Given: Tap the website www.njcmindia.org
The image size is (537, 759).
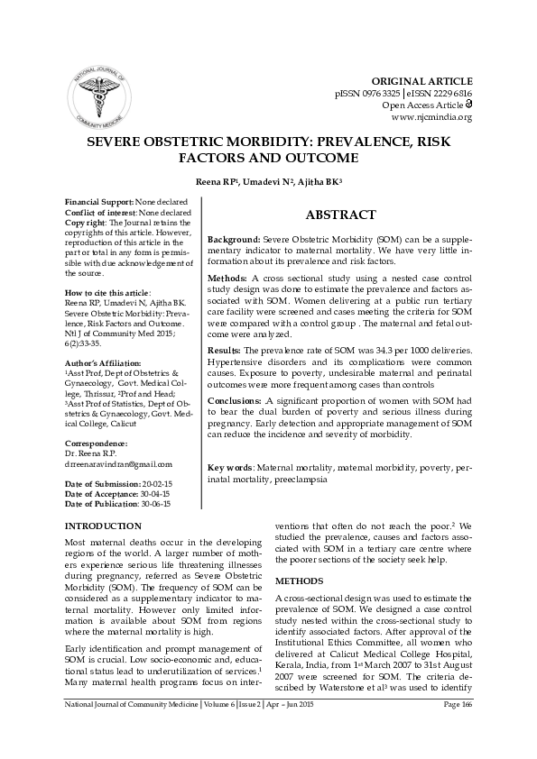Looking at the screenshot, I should pyautogui.click(x=431, y=117).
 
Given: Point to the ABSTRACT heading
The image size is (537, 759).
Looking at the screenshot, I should pyautogui.click(x=340, y=215).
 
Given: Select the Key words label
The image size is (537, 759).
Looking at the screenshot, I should pyautogui.click(x=229, y=468).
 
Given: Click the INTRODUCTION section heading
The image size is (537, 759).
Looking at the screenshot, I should pyautogui.click(x=103, y=526).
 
